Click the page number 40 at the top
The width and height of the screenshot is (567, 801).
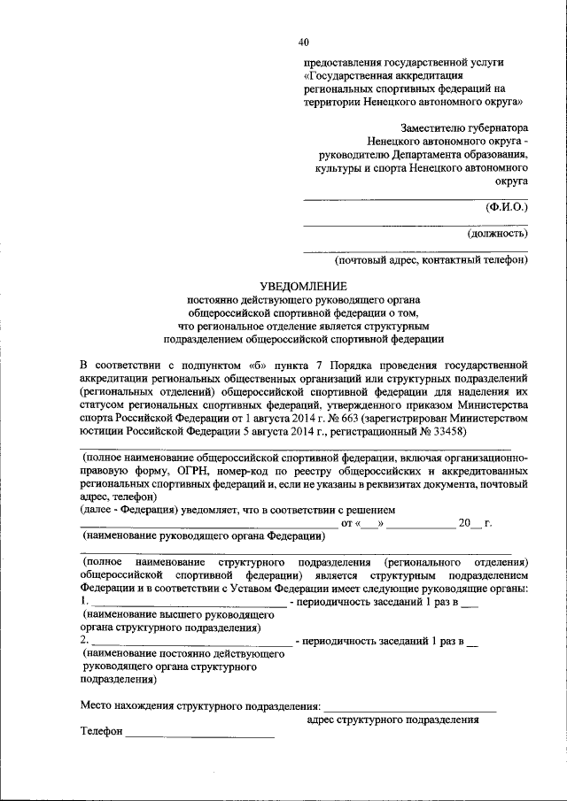[x=304, y=42]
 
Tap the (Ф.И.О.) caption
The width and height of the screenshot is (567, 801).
[x=506, y=207]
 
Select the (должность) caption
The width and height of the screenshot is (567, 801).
[x=497, y=234]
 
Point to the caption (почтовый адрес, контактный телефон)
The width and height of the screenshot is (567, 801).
[x=431, y=260]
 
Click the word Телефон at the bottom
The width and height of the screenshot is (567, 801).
[x=101, y=732]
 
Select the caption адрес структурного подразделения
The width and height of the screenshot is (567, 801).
[x=392, y=720]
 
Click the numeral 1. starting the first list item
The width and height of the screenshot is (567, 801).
[x=84, y=602]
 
